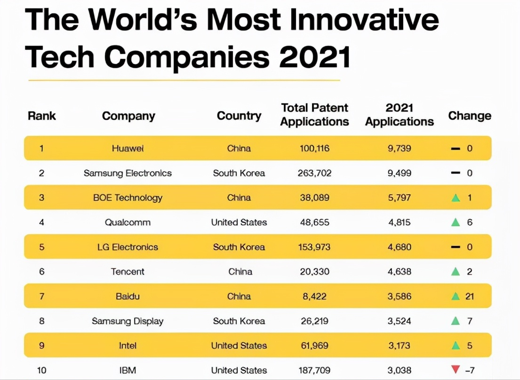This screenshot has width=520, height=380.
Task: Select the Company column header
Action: (x=128, y=116)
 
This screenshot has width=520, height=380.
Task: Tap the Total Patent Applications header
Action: (x=314, y=115)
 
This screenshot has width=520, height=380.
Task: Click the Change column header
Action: (x=469, y=116)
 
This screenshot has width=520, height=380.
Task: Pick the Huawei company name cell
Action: (x=128, y=148)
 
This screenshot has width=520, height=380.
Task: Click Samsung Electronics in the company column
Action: (x=128, y=173)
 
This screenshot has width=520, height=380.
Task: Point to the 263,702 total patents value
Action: (x=314, y=173)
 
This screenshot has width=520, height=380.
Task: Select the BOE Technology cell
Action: (x=128, y=198)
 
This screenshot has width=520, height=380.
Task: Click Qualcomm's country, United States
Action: (x=239, y=222)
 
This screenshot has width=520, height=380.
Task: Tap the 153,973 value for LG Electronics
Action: (x=314, y=247)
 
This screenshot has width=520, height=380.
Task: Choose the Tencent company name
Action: (x=128, y=271)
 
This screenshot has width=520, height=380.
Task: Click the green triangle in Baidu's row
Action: (x=455, y=296)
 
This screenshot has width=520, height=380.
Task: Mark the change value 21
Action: (x=470, y=296)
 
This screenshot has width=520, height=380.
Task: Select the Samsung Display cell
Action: (x=128, y=321)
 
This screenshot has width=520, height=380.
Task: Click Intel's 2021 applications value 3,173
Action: (x=400, y=346)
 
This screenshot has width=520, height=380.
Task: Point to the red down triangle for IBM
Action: (x=455, y=370)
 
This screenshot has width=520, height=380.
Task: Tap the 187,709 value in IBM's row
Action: (x=314, y=371)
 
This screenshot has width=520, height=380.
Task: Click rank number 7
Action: (x=41, y=296)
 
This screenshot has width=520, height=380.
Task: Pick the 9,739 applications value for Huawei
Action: (x=400, y=148)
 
